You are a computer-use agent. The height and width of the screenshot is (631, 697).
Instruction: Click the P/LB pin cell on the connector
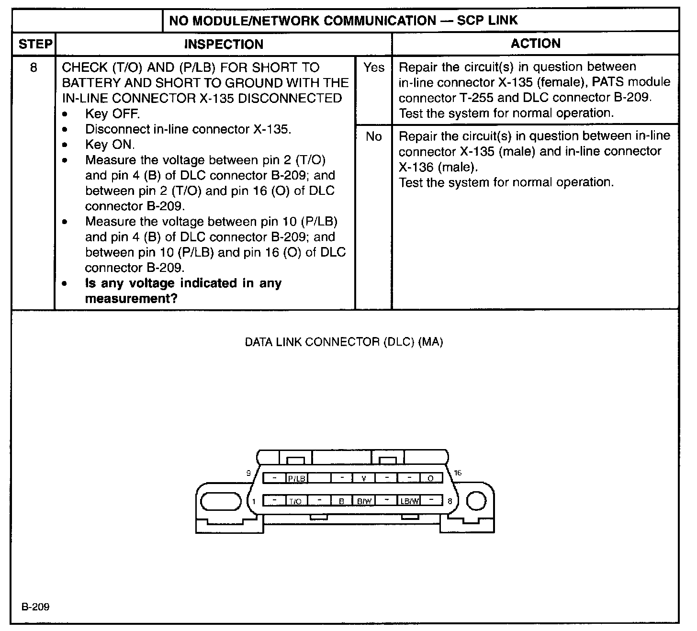296,478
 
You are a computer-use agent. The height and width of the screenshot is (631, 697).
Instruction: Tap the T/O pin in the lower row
295,501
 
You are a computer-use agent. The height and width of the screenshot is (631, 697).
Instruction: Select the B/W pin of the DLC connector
364,501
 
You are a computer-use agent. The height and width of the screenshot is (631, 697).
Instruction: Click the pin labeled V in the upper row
364,478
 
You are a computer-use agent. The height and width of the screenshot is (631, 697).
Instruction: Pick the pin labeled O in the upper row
431,478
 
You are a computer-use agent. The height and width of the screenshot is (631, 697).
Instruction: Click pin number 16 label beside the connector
458,473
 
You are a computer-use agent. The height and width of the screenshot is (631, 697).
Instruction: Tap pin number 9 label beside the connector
248,473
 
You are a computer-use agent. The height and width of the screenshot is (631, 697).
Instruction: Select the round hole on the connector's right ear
476,501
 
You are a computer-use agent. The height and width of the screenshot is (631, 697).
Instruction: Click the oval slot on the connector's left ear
221,501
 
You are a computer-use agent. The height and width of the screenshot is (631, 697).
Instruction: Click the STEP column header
35,44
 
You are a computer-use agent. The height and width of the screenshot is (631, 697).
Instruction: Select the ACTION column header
535,44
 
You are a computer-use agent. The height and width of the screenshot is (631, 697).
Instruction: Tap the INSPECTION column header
224,44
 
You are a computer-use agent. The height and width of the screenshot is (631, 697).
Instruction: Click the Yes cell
373,68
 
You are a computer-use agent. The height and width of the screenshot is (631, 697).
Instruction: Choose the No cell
373,136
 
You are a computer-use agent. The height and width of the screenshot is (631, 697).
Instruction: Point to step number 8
34,68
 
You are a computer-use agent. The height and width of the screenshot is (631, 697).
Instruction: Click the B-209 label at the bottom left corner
35,607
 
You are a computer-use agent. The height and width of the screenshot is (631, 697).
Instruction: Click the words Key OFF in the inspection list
112,114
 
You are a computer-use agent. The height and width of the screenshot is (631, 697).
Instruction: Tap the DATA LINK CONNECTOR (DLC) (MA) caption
344,342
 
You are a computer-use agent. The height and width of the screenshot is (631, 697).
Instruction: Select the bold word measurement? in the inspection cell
131,299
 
